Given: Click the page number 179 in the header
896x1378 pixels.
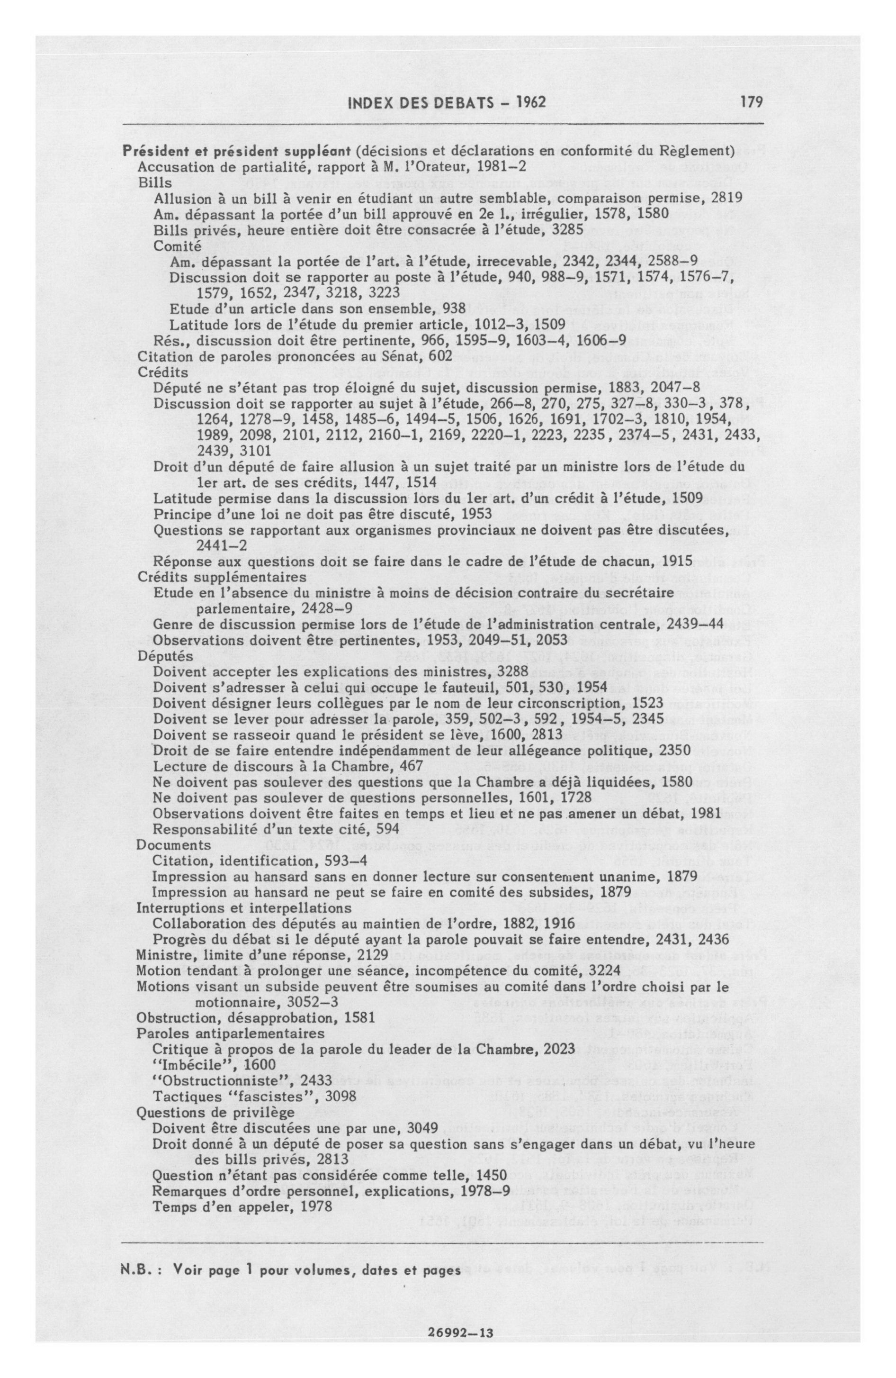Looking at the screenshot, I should click(751, 102).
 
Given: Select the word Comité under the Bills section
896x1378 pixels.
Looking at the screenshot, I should click(177, 245).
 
